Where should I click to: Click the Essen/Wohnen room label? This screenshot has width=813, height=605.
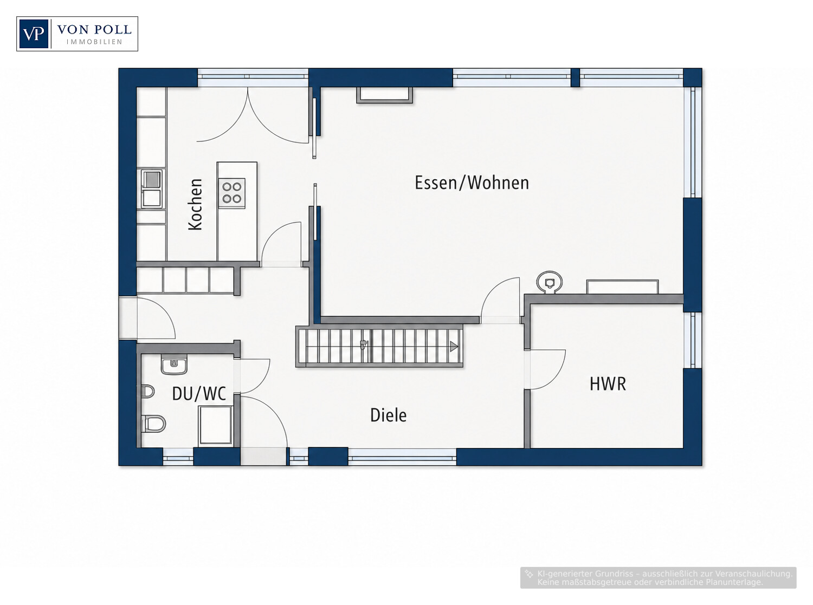click(x=472, y=183)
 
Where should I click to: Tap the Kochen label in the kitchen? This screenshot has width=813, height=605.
click(x=195, y=205)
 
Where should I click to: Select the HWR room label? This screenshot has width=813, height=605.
click(x=608, y=384)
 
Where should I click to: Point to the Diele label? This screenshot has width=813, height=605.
click(x=388, y=415)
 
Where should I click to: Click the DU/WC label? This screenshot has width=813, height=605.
click(x=199, y=394)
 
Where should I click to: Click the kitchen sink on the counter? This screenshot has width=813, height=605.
click(x=151, y=188)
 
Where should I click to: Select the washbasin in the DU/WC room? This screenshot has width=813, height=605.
click(x=174, y=365)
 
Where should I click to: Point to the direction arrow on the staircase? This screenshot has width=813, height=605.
click(x=454, y=346)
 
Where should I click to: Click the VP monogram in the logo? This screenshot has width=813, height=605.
click(x=34, y=34)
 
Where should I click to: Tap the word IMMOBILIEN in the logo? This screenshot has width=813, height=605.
click(x=94, y=42)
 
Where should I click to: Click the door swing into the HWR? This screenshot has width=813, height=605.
click(x=546, y=369)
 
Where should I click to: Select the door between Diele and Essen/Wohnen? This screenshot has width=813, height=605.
click(x=500, y=301)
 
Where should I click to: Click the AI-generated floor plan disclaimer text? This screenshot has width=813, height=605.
click(x=659, y=578)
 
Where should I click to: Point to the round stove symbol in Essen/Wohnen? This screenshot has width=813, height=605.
click(x=549, y=282)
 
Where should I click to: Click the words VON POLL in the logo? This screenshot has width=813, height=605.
click(x=94, y=29)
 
